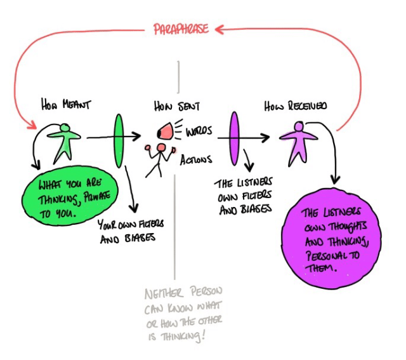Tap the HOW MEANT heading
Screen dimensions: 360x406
(x=64, y=105)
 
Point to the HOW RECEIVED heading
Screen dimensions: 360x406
(x=296, y=106)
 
